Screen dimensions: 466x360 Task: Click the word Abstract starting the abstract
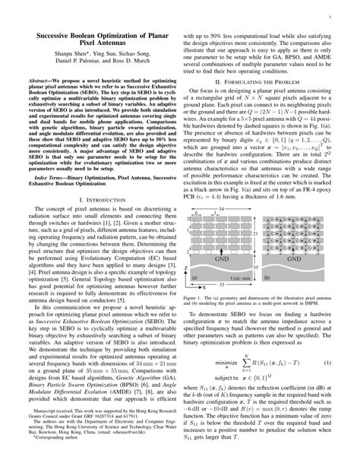click(39, 78)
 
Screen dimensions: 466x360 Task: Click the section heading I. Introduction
click(94, 198)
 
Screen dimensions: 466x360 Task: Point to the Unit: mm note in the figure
click(238, 277)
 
